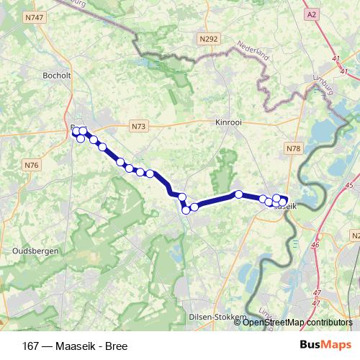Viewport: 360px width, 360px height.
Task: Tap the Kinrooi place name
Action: (229, 122)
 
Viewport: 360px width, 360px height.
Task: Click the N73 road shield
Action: (138, 127)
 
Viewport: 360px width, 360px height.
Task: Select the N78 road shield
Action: (293, 149)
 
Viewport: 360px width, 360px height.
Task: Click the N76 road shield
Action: (31, 166)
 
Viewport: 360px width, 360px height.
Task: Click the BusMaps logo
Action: (326, 346)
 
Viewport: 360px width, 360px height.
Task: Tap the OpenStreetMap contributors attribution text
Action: (297, 323)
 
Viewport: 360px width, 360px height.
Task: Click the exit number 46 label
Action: (315, 245)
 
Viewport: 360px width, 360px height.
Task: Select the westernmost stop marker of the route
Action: (76, 131)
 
